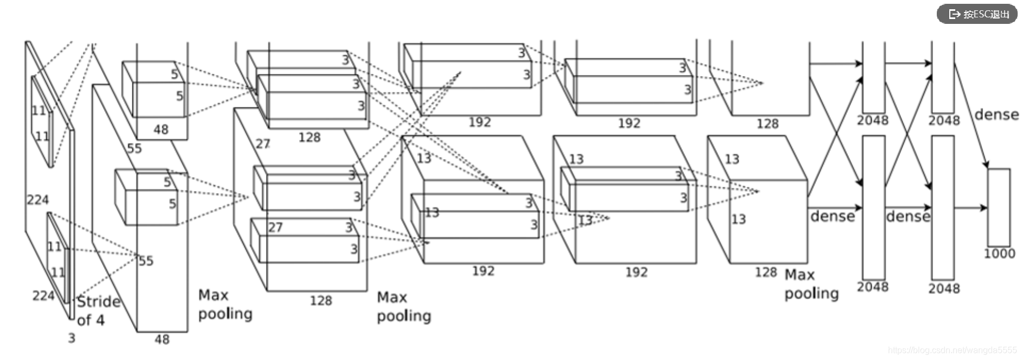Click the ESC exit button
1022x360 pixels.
(977, 14)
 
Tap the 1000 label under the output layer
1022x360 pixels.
(999, 254)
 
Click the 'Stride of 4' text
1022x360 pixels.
(98, 310)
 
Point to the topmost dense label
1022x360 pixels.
(996, 115)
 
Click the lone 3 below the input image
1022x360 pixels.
(71, 338)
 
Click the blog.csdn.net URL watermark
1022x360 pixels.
(952, 350)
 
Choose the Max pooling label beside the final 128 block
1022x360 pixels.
(811, 284)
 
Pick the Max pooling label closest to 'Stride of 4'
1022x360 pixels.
(225, 305)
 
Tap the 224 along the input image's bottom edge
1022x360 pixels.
(43, 296)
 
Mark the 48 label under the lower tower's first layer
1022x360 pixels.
(162, 339)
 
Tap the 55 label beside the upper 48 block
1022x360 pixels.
(134, 148)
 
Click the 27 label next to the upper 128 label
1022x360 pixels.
(263, 144)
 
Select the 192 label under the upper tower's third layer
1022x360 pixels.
(479, 123)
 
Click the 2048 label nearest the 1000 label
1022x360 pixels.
(944, 288)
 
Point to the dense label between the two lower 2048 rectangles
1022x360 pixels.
(908, 217)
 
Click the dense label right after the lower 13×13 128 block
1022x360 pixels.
(832, 217)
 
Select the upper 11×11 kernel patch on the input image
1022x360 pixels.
(42, 122)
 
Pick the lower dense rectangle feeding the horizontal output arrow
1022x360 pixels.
(943, 207)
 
